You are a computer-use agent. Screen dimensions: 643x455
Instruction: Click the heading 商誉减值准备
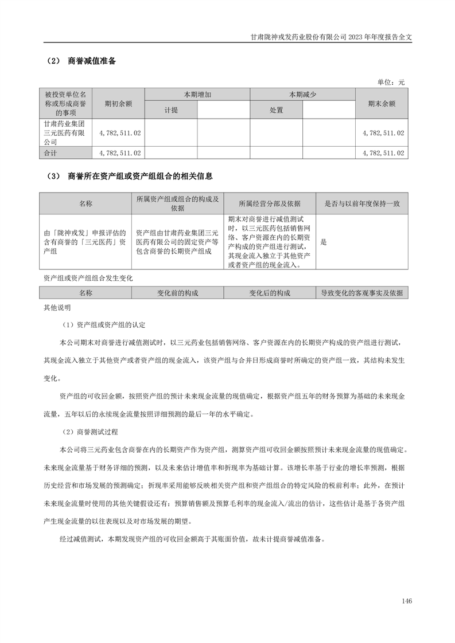click(x=91, y=61)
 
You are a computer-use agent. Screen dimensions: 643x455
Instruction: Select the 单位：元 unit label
click(x=391, y=82)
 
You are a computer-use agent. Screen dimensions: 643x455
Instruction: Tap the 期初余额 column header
click(x=118, y=104)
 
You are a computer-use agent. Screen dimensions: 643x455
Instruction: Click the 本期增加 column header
click(x=197, y=94)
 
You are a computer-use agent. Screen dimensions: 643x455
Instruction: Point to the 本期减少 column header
click(x=302, y=94)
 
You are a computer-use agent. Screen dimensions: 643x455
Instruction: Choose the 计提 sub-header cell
click(x=171, y=109)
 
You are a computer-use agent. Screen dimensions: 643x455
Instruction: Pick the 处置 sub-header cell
click(x=277, y=109)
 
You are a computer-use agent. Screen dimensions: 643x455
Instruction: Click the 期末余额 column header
click(x=382, y=104)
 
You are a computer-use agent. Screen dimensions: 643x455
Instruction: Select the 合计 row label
click(x=52, y=153)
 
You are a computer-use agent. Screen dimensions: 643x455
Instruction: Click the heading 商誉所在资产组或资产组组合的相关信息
click(x=140, y=176)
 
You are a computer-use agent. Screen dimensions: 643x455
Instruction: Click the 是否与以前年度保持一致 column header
click(x=362, y=203)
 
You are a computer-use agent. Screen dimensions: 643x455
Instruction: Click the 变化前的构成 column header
click(x=178, y=293)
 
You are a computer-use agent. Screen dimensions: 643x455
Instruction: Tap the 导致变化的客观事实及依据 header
click(x=362, y=293)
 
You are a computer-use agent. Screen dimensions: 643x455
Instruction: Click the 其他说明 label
click(x=57, y=307)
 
